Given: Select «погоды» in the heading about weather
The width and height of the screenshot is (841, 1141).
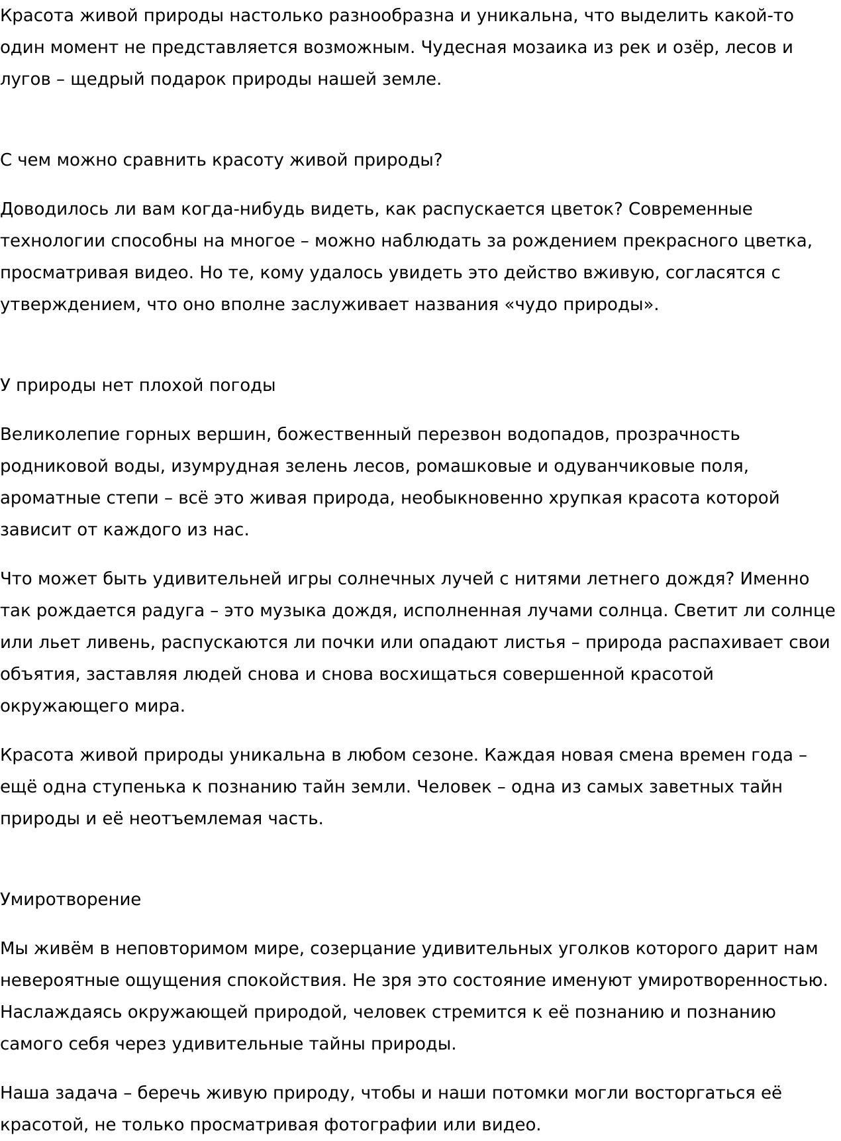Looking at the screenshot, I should [242, 386].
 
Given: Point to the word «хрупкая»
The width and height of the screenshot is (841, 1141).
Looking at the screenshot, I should [585, 498].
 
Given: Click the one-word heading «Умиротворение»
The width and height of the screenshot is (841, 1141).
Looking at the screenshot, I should [70, 900].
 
